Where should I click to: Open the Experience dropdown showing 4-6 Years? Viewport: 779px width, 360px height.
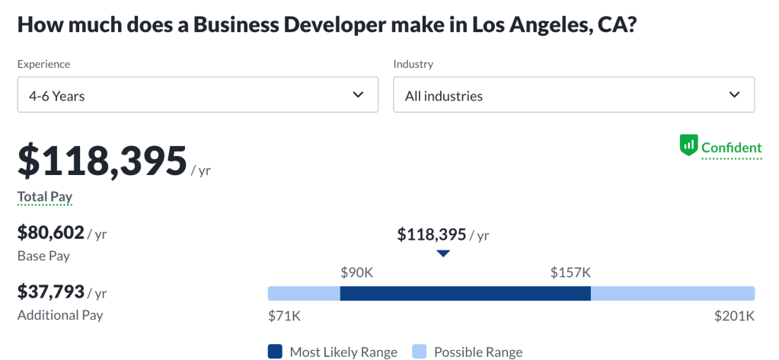(197, 95)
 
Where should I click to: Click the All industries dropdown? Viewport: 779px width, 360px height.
(573, 95)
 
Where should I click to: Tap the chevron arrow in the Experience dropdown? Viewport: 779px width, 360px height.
(359, 95)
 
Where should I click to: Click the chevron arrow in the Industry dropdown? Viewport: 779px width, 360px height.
(735, 95)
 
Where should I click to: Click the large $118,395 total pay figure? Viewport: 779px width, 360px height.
(103, 161)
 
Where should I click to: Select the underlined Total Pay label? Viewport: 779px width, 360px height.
(45, 197)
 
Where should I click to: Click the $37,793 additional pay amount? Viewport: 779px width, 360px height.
(50, 292)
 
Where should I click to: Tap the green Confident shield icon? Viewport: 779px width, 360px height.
(688, 145)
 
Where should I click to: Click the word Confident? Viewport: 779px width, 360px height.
(731, 148)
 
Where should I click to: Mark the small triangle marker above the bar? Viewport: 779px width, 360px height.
(443, 253)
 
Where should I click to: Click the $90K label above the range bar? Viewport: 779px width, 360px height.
(356, 272)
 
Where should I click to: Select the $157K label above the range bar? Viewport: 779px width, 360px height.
(570, 272)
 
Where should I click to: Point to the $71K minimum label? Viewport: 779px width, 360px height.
(283, 315)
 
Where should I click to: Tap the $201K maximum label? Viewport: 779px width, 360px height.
(734, 315)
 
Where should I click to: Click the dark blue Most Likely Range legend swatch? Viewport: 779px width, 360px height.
(275, 352)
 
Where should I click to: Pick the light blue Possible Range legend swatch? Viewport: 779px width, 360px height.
(419, 352)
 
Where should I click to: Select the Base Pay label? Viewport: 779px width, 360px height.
(43, 256)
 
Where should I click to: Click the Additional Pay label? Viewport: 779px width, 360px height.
(60, 314)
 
